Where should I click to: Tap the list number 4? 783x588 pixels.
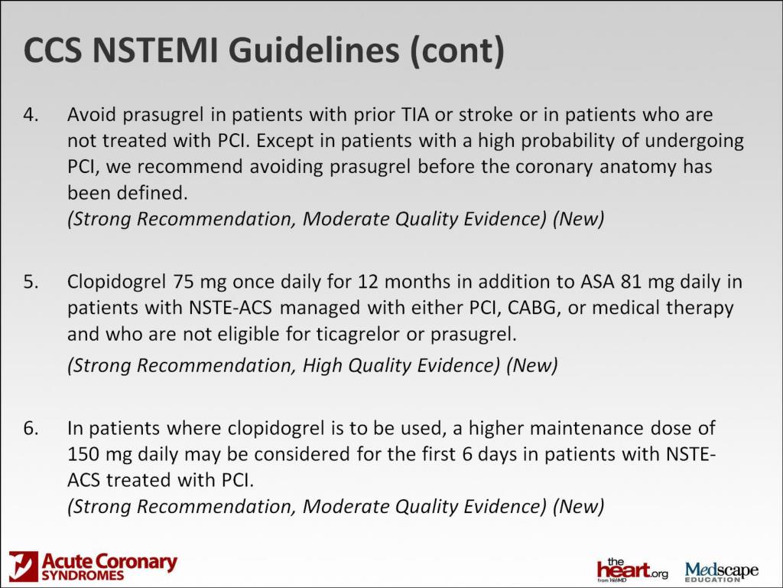[30, 115]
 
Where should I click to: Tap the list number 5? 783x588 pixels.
[30, 282]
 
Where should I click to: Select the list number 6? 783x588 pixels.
[30, 427]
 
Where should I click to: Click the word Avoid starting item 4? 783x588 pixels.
[89, 115]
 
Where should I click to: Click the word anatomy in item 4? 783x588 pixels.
[632, 167]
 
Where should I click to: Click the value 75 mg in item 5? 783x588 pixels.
[198, 282]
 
